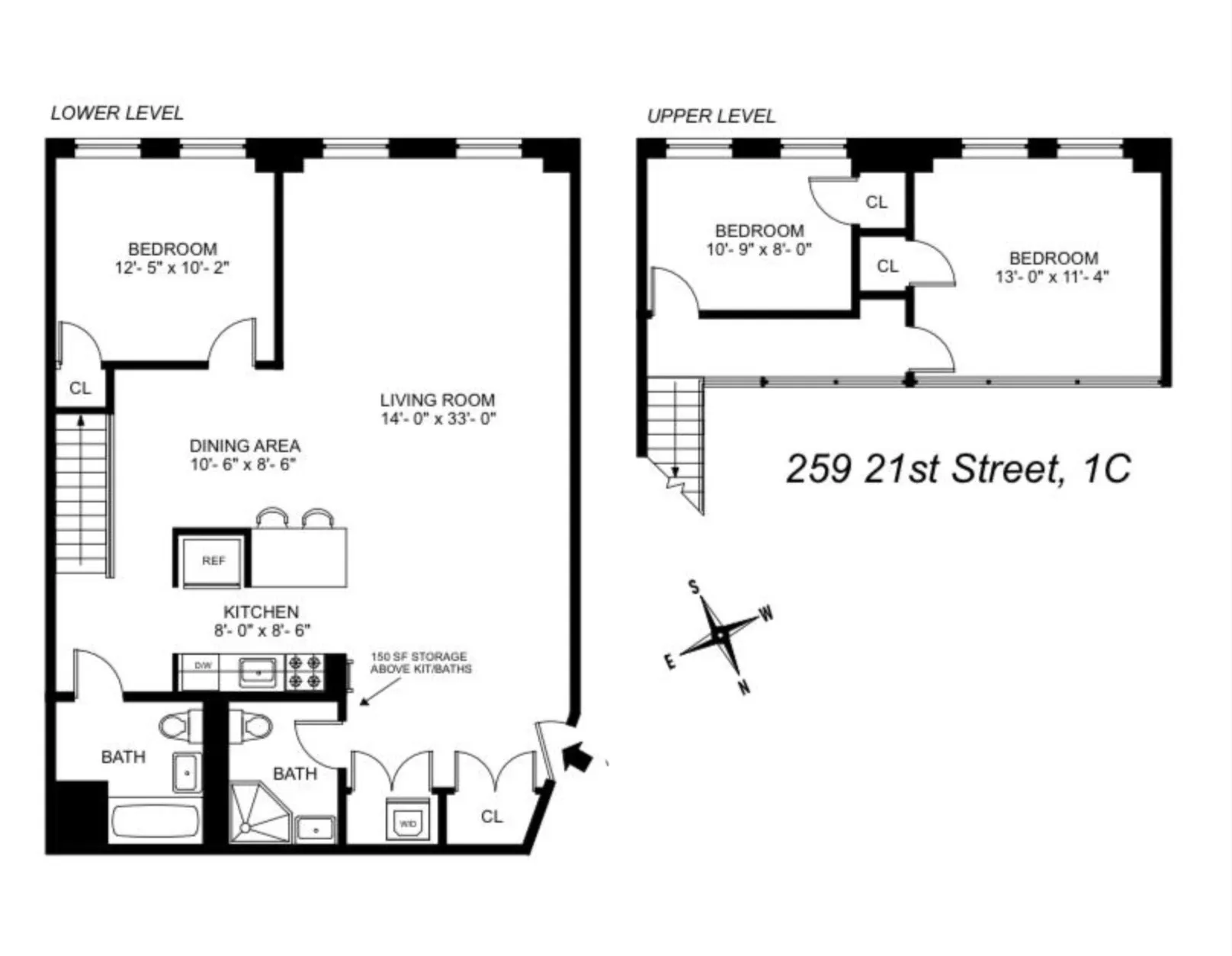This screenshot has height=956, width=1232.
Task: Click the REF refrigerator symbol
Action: point(213,560)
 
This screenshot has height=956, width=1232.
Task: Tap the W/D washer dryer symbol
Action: point(409,823)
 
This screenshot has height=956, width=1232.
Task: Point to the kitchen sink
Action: point(258,672)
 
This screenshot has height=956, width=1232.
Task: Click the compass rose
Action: point(720,634)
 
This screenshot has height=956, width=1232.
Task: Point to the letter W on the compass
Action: point(767,613)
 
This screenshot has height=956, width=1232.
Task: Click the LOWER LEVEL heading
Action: point(117,113)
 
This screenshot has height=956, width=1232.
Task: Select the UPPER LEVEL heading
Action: point(711,116)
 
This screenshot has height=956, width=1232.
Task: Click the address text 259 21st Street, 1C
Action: point(958,467)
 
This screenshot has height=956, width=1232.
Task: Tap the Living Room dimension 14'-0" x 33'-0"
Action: point(438,419)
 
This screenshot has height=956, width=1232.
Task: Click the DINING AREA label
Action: point(245,445)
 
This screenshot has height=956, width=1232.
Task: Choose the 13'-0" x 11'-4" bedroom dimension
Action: point(1052,277)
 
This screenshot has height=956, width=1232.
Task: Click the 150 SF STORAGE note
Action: point(420,662)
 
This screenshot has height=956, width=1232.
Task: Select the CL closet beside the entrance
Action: point(492,816)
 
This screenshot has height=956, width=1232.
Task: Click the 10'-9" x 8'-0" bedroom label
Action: point(759,249)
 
